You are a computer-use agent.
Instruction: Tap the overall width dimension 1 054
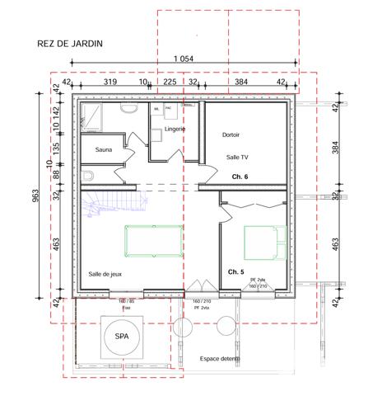(183, 58)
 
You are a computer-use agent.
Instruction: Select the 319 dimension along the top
(110, 82)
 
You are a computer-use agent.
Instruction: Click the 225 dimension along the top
(170, 82)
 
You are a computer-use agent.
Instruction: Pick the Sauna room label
(104, 149)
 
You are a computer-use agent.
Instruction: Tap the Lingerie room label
(175, 129)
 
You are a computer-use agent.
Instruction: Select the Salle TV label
(237, 157)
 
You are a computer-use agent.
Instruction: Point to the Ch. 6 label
(240, 177)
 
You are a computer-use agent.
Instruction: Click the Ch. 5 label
(236, 271)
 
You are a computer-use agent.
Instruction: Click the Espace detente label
(220, 359)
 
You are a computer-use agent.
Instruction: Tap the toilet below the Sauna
(88, 176)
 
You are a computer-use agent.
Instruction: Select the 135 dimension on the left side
(57, 148)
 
